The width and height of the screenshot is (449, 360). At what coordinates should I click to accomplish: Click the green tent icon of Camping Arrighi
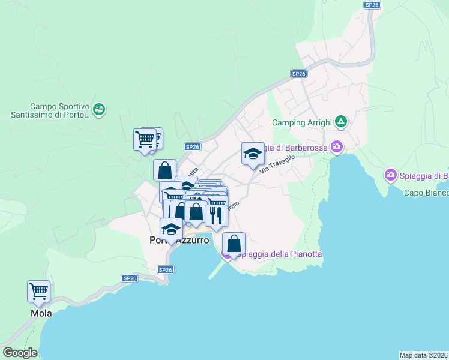click(x=341, y=122)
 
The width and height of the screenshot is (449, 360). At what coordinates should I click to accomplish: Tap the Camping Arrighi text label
click(x=302, y=122)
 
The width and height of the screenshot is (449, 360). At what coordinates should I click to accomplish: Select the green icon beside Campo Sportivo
click(x=100, y=109)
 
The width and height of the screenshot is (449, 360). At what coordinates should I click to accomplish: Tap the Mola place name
click(x=41, y=313)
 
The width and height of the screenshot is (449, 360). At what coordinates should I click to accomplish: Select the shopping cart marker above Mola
click(x=38, y=292)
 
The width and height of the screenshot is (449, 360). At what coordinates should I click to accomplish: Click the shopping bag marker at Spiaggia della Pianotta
click(x=234, y=244)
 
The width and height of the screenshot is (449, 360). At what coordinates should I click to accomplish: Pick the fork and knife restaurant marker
click(x=216, y=215)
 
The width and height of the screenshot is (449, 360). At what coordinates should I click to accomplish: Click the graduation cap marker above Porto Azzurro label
click(x=172, y=229)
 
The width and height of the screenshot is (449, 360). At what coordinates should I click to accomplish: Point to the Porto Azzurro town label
click(x=179, y=240)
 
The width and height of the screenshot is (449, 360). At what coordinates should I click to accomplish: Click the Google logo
click(x=20, y=353)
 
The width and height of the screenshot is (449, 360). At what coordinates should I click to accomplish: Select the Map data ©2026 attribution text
click(x=423, y=355)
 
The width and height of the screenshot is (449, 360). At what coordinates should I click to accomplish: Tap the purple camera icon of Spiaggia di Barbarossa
click(x=337, y=146)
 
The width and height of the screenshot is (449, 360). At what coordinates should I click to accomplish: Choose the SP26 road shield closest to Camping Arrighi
click(x=298, y=73)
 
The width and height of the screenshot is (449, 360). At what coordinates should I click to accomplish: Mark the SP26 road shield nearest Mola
click(x=130, y=278)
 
